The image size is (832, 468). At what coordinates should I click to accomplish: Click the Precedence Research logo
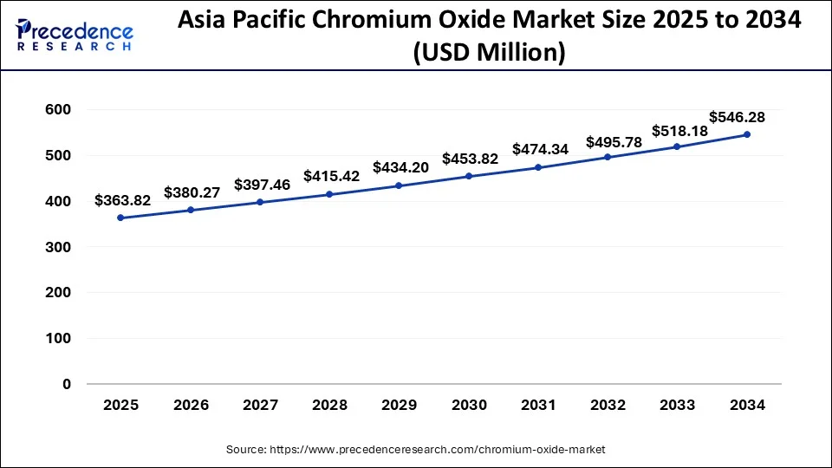pos(75,36)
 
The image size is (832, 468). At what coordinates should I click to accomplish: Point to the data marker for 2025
pos(120,218)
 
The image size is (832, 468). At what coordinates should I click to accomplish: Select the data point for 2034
pos(746,134)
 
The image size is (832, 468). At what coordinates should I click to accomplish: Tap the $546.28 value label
pos(737,116)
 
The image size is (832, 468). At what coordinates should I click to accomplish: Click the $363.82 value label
pos(124,200)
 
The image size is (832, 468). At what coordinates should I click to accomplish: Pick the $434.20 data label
pos(400,167)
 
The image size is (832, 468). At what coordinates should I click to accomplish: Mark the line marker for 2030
pos(469,176)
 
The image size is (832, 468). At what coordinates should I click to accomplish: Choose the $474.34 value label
pos(540,149)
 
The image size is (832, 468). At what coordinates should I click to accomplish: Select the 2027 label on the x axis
pos(260,406)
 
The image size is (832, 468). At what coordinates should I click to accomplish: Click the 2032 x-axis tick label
pos(608,406)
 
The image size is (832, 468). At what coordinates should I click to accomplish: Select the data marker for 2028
pos(329,194)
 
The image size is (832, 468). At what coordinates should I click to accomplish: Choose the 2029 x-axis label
pos(399,406)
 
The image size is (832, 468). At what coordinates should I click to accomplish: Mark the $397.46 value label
pos(263,185)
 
